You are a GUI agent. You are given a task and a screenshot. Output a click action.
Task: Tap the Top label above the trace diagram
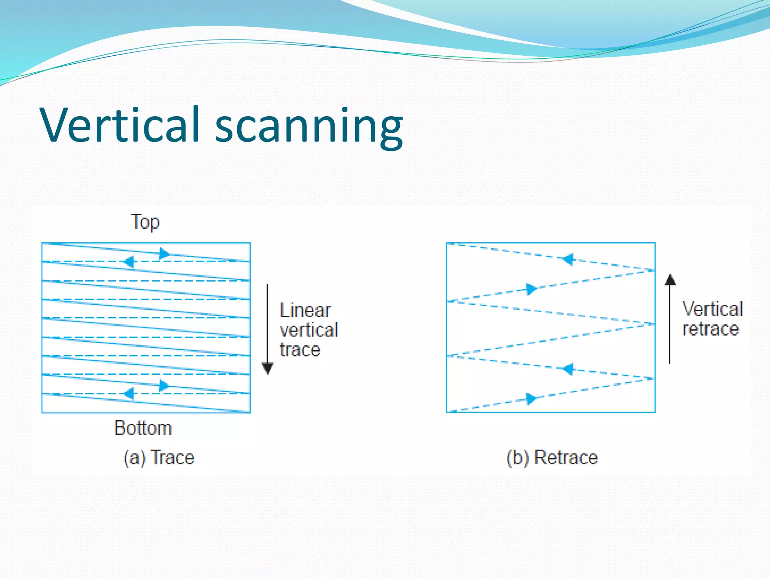(145, 222)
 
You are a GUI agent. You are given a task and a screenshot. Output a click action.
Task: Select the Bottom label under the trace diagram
(143, 428)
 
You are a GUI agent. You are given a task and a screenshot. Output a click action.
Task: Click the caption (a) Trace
(159, 458)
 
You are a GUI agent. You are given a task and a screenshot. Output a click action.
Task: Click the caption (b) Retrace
(552, 458)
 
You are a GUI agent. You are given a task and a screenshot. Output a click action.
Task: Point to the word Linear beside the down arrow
(305, 310)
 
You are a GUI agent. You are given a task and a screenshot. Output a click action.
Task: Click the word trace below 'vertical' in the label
(300, 350)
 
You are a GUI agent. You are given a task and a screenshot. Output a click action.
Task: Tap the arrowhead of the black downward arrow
(268, 368)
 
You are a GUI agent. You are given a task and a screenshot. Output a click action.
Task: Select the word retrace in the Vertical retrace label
(711, 329)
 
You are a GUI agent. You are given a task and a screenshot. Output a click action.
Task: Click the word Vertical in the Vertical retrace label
(712, 309)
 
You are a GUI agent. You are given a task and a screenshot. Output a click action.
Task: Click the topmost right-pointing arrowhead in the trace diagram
(164, 253)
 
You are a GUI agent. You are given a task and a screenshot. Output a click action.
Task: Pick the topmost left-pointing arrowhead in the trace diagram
(129, 261)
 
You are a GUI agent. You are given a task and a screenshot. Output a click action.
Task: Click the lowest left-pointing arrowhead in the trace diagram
(129, 394)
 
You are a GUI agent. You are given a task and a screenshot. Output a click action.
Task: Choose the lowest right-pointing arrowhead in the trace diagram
(164, 386)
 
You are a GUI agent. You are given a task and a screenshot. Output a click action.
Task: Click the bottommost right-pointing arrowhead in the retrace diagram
(531, 399)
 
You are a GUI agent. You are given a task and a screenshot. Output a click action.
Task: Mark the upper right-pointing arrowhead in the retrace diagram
(531, 289)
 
